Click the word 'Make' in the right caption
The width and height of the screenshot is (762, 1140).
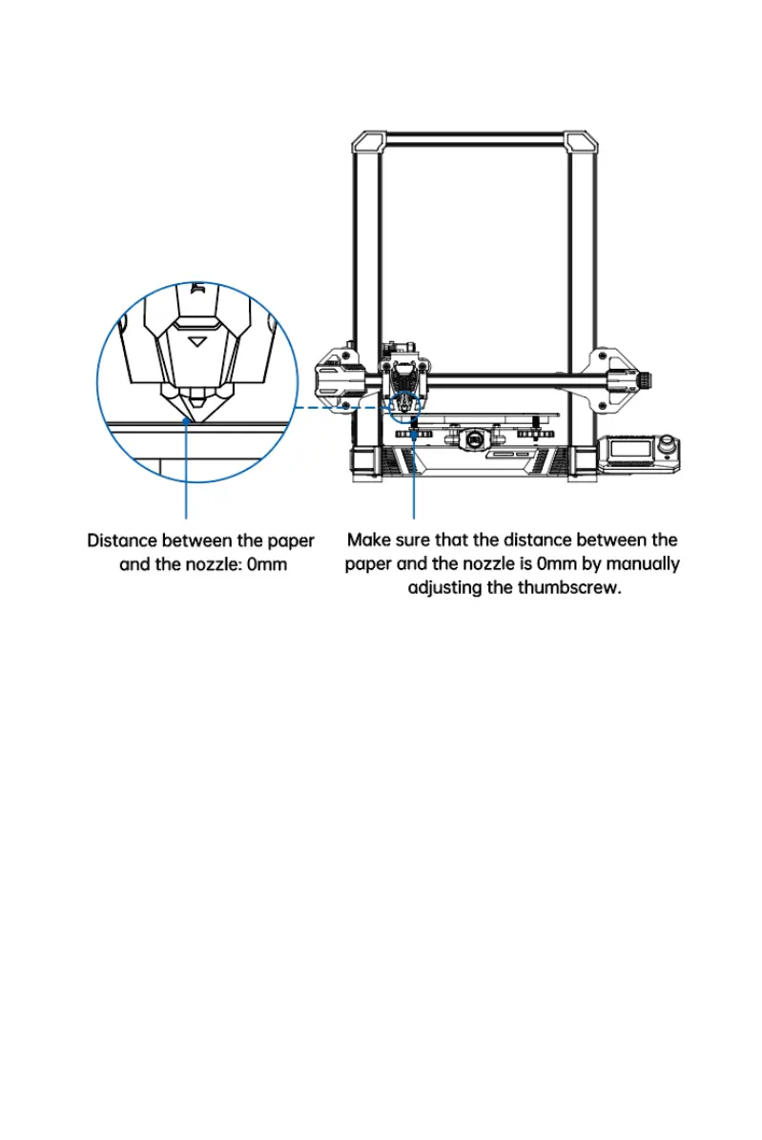(370, 540)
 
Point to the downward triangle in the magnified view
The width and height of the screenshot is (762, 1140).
(199, 338)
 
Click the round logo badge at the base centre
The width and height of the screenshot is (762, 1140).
(473, 440)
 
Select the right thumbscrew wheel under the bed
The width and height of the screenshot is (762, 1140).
(530, 434)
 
